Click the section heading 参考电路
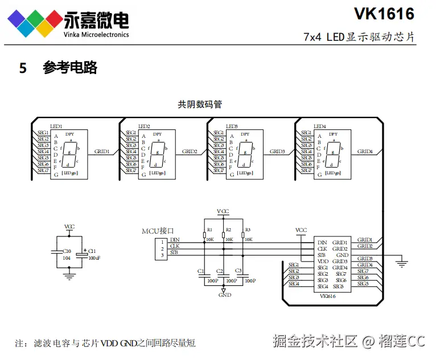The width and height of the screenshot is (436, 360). coord(70,68)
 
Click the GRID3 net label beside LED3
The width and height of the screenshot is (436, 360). coord(277,152)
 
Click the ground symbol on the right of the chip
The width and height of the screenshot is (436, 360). coord(402,263)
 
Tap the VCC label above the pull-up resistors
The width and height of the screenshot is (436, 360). coord(223,211)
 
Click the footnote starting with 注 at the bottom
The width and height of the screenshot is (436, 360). coord(105,343)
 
